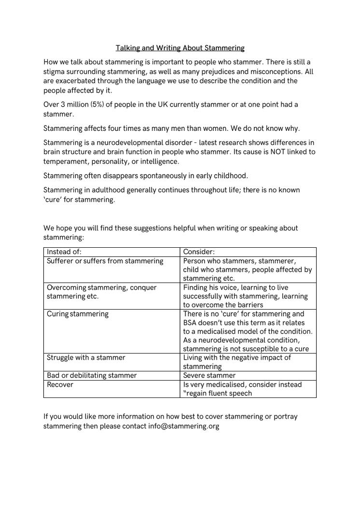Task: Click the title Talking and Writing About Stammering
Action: tap(180, 48)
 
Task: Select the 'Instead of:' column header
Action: tap(64, 252)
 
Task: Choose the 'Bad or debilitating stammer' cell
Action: tap(92, 375)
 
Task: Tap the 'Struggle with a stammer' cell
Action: tap(86, 357)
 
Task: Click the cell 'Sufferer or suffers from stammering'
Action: tap(105, 261)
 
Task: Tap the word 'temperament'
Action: tap(65, 161)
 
